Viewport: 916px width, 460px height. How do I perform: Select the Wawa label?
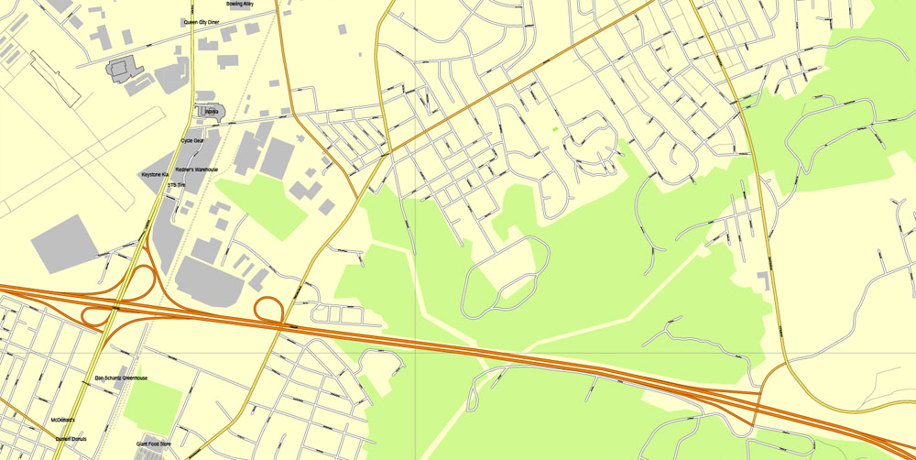click(x=211, y=112)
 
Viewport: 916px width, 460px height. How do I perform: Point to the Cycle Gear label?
click(x=192, y=140)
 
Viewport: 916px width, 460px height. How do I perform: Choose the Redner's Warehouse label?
click(x=196, y=170)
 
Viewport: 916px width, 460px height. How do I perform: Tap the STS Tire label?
click(x=176, y=185)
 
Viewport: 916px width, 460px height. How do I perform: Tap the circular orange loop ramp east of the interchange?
click(x=268, y=310)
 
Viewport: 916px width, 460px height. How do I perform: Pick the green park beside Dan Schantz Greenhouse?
click(x=154, y=400)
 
